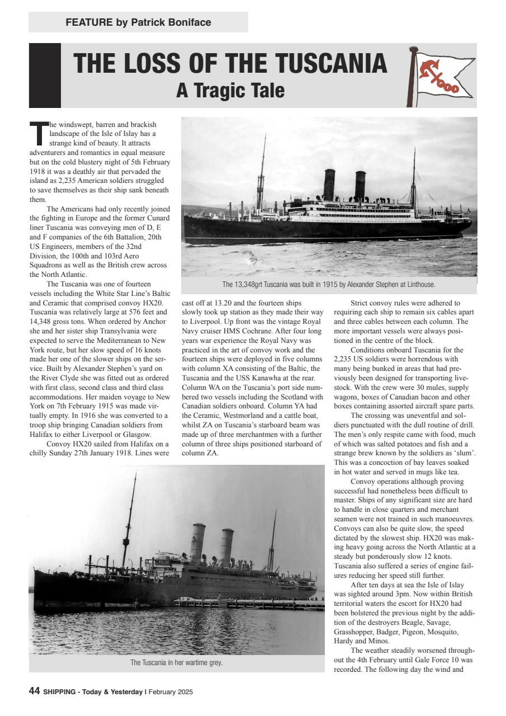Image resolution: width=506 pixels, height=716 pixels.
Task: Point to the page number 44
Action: [x=34, y=691]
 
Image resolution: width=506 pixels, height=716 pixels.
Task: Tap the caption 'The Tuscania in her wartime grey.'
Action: [x=177, y=663]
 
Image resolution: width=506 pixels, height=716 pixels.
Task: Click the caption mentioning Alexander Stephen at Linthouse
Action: [x=328, y=285]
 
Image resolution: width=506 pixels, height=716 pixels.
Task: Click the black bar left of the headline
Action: [x=45, y=76]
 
